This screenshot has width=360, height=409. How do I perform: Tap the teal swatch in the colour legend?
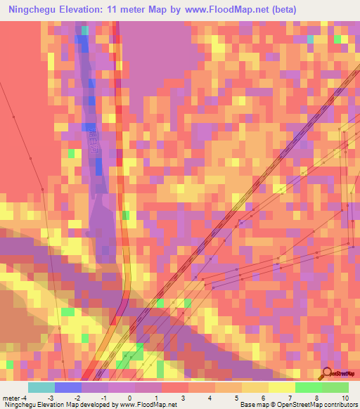click(x=41, y=387)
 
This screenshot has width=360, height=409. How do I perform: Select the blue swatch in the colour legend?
click(x=68, y=387)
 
